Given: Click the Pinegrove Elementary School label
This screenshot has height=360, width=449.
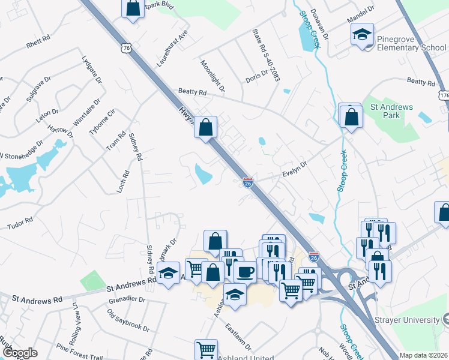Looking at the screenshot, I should pyautogui.click(x=412, y=43).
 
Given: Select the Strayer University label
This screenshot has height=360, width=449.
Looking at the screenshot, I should pyautogui.click(x=408, y=320).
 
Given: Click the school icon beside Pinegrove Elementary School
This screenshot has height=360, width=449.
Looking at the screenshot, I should pyautogui.click(x=363, y=34).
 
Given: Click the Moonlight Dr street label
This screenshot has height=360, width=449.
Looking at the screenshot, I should pyautogui.click(x=212, y=76).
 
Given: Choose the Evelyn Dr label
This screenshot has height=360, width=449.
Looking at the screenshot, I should pyautogui.click(x=294, y=168).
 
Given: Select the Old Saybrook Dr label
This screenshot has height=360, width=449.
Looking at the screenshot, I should pyautogui.click(x=128, y=320).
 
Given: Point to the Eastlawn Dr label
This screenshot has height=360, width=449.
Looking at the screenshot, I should pyautogui.click(x=238, y=337).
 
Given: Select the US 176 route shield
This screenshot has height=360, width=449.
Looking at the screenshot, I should pyautogui.click(x=444, y=96).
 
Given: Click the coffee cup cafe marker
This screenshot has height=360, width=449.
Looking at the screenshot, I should pyautogui.click(x=244, y=272).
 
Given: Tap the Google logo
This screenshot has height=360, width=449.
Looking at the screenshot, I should pyautogui.click(x=20, y=353).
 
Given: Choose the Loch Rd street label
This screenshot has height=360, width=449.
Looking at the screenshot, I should pyautogui.click(x=125, y=182).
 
